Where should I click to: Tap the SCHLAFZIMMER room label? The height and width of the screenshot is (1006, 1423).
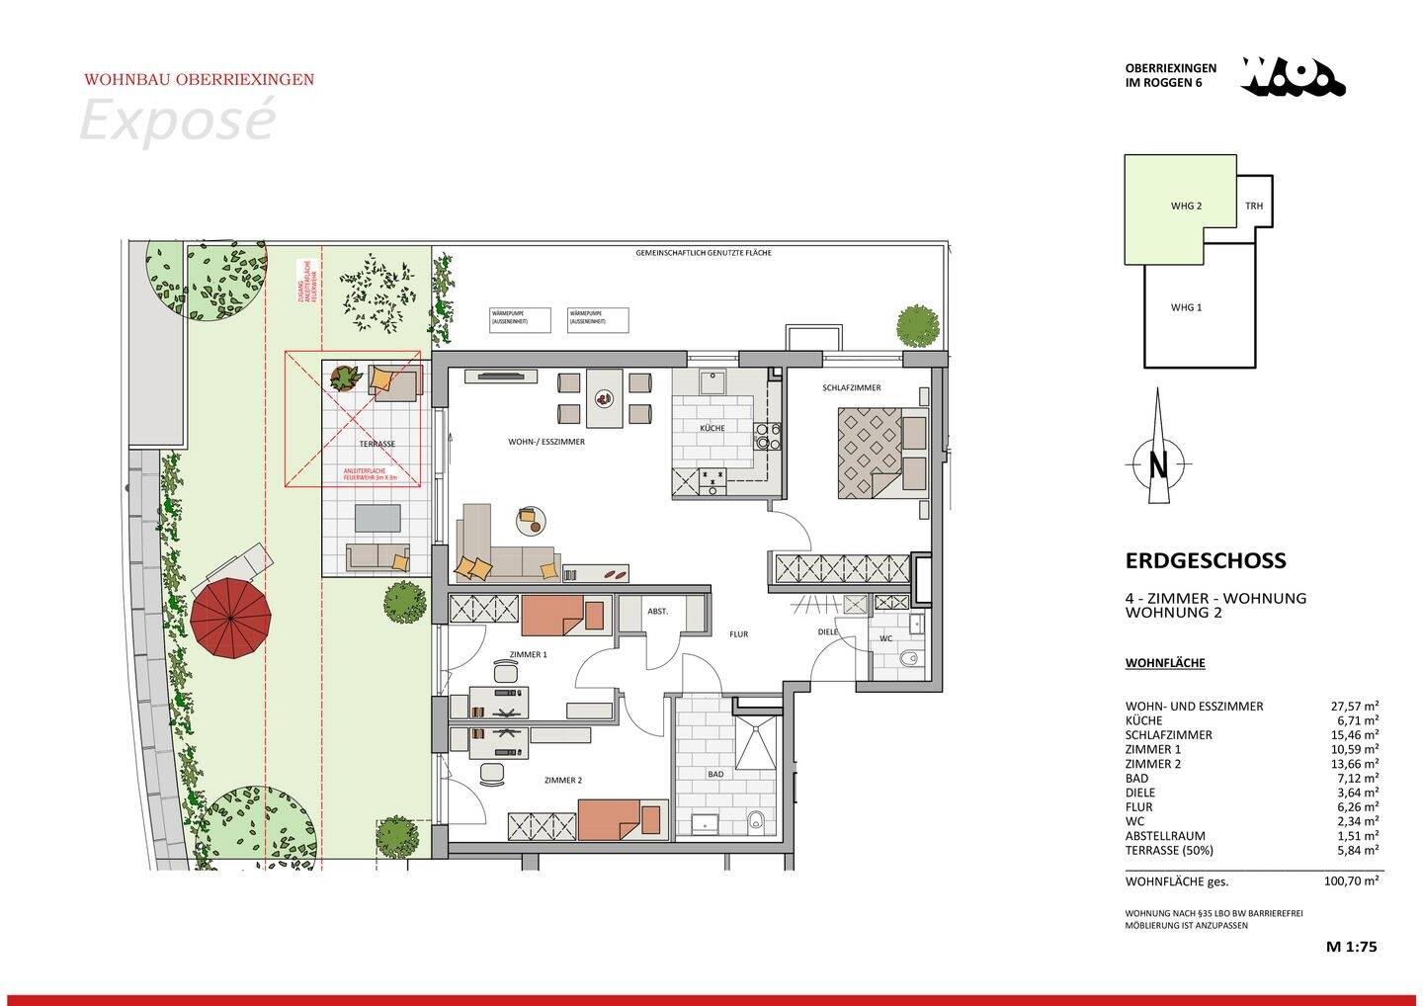851,388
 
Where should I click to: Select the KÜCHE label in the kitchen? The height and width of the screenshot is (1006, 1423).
711,428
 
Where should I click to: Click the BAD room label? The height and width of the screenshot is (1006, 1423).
716,775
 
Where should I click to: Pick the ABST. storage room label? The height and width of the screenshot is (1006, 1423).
657,612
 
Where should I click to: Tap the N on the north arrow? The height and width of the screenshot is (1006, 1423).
1158,464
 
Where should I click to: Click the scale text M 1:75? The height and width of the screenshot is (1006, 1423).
1351,947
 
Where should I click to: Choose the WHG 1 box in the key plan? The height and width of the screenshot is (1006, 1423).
1186,307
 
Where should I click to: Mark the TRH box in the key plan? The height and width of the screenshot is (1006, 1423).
1254,207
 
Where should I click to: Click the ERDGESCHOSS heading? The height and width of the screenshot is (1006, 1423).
1206,560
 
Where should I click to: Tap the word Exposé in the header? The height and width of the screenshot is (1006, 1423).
176,122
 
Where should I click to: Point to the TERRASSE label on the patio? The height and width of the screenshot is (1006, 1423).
377,445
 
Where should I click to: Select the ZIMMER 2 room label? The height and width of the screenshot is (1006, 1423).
562,781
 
